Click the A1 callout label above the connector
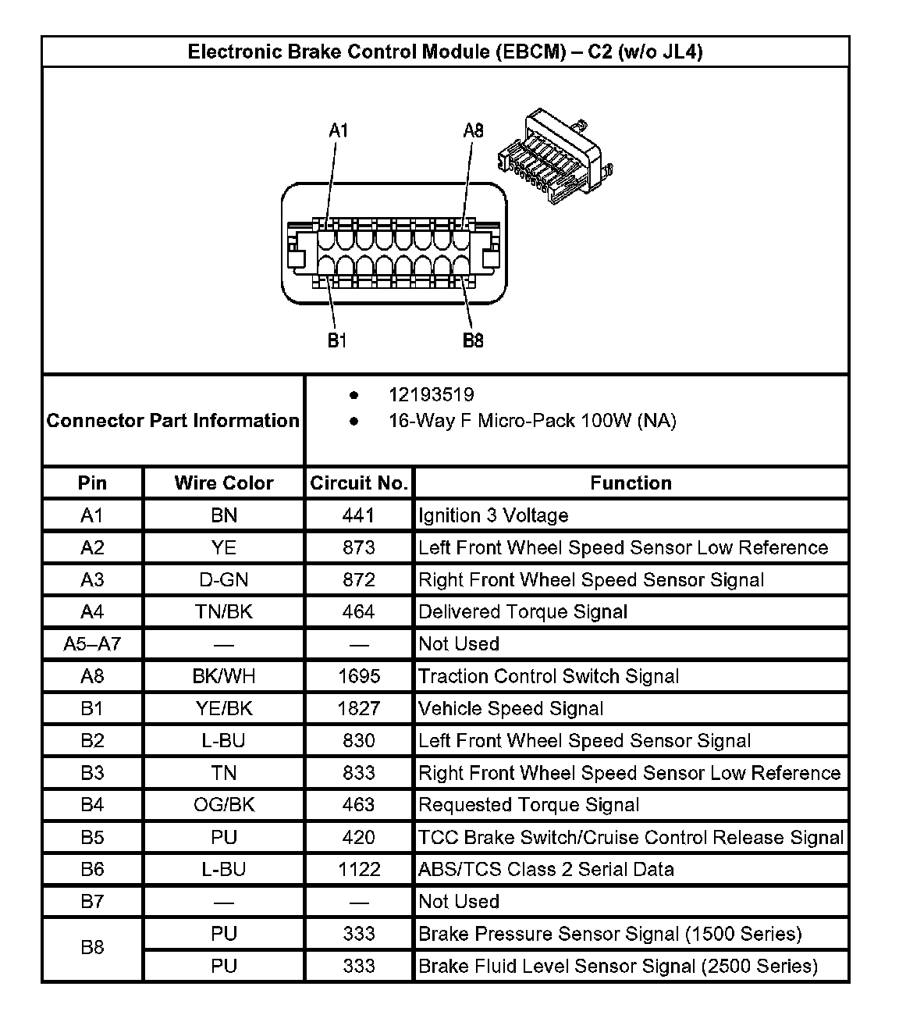click(x=338, y=130)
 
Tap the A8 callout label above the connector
click(x=473, y=130)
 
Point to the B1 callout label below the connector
click(x=337, y=340)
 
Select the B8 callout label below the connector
click(x=473, y=340)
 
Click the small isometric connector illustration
click(x=555, y=155)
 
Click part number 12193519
click(x=431, y=395)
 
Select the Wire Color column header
click(x=224, y=483)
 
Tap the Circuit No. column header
click(x=359, y=483)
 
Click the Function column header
click(x=631, y=483)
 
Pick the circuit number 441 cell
click(x=359, y=515)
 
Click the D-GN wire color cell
click(x=224, y=579)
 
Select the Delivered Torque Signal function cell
click(x=523, y=611)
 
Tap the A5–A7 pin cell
click(x=92, y=644)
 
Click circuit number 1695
click(x=359, y=676)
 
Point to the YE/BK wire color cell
click(x=224, y=708)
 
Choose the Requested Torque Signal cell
click(x=528, y=805)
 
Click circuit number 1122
click(x=359, y=869)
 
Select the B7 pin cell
click(x=92, y=901)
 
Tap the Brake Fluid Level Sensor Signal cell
click(x=617, y=966)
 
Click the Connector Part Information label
click(x=172, y=420)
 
